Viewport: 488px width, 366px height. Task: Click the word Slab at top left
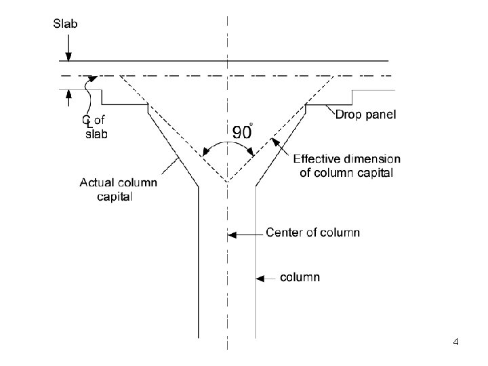click(66, 24)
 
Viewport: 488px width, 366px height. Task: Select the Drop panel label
click(366, 115)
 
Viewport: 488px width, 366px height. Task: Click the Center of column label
click(312, 233)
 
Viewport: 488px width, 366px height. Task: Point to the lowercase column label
click(300, 277)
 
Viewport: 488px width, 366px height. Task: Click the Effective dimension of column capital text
click(346, 165)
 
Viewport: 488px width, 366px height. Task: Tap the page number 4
click(455, 342)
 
